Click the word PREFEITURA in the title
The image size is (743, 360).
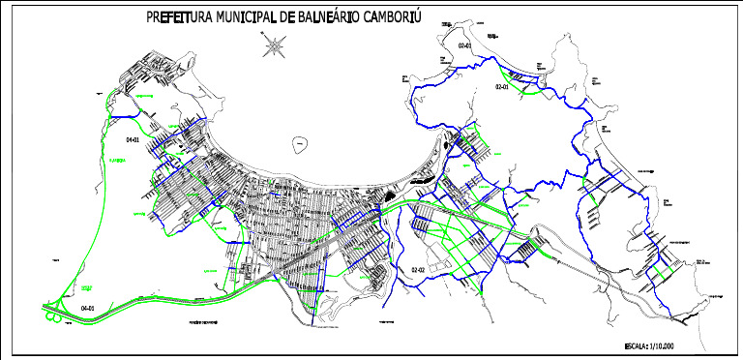[179, 18]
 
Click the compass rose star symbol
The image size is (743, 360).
[275, 44]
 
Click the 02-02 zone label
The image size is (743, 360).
[419, 269]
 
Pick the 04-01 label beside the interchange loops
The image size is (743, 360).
[88, 308]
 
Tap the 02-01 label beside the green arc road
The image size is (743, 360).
[501, 87]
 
